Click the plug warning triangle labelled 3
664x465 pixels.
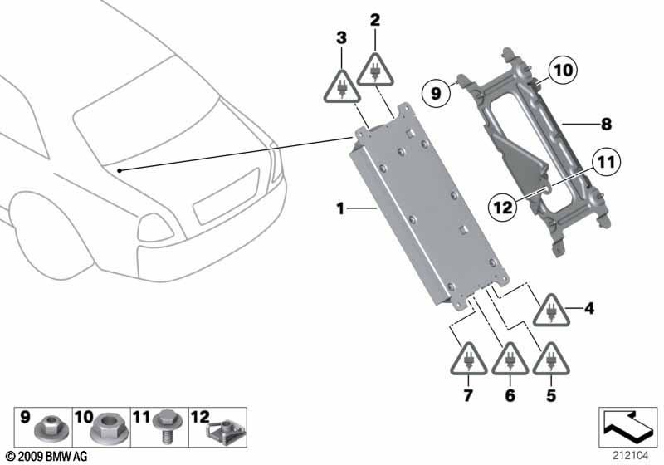point(341,84)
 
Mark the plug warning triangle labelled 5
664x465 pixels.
point(549,359)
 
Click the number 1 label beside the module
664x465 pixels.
point(340,209)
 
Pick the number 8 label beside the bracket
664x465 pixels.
point(606,125)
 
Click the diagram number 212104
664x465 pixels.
point(627,454)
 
